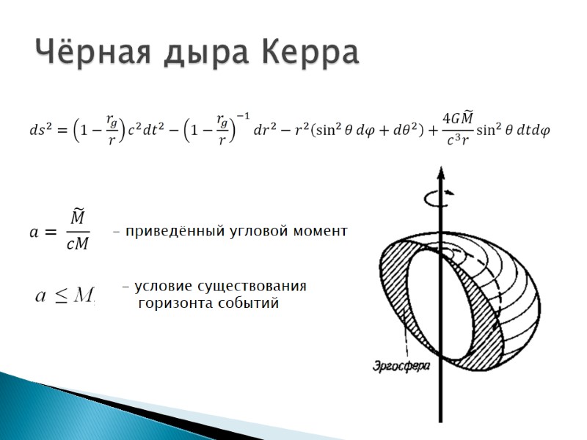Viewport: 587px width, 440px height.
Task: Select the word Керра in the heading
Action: (308, 54)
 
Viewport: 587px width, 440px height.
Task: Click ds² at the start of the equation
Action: (40, 131)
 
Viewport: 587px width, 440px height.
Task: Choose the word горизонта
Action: (175, 304)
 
